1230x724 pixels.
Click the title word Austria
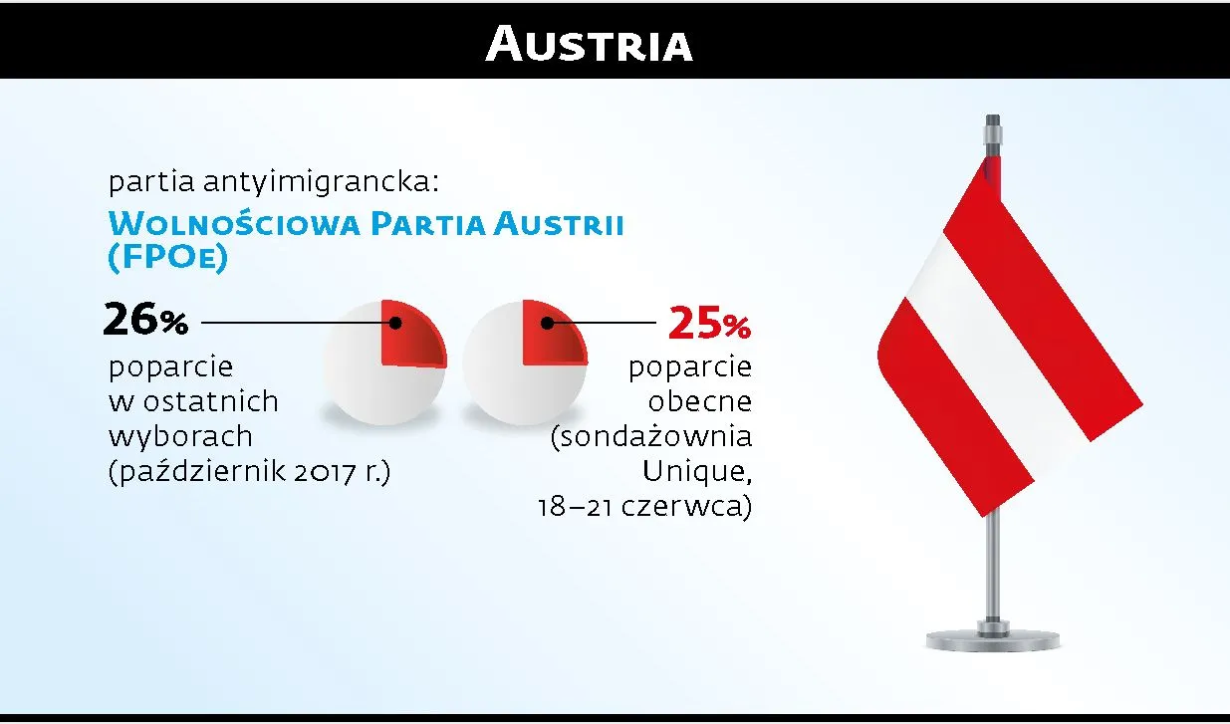(x=589, y=45)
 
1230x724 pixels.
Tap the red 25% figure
(x=709, y=323)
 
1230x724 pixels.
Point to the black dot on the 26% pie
(x=395, y=323)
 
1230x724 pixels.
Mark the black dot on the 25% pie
(x=547, y=323)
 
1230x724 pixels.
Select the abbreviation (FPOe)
(x=167, y=257)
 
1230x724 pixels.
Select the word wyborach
(x=180, y=436)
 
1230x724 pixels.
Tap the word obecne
(x=699, y=402)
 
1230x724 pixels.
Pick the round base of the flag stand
(x=990, y=638)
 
